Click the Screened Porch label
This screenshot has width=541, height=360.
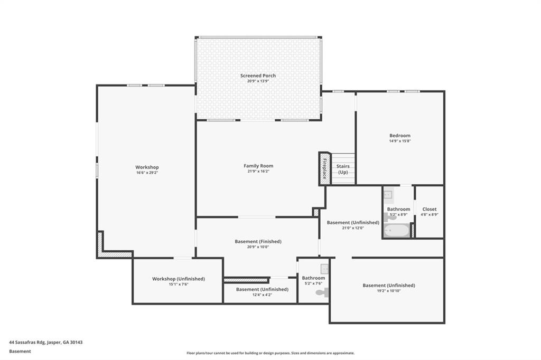258,75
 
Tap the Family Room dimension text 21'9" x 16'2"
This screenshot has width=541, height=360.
258,171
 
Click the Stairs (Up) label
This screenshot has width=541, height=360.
343,169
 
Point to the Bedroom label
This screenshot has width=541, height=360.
399,136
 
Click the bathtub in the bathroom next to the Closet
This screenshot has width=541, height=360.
396,231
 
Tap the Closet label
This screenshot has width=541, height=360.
429,209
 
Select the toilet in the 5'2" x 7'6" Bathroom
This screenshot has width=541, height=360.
322,292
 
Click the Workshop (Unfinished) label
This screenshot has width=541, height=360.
178,279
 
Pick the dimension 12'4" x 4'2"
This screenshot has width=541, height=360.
262,295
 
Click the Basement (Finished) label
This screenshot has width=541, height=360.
258,241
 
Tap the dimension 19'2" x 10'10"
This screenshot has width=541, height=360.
388,291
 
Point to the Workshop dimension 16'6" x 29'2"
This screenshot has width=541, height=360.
146,173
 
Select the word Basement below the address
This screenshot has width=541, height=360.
20,351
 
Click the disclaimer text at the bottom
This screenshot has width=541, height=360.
270,353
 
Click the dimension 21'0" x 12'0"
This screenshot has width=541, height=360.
353,228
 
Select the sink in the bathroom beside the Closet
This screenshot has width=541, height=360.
388,195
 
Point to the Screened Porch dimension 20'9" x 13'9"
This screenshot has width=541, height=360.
258,81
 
